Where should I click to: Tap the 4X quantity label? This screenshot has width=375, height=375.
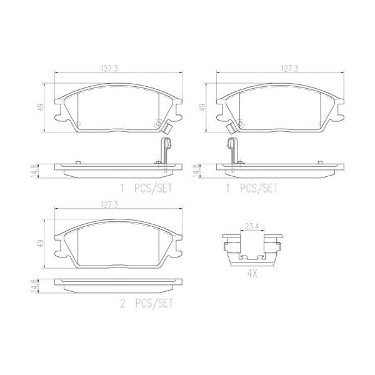[253, 272]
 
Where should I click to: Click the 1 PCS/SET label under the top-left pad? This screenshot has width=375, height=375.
[146, 187]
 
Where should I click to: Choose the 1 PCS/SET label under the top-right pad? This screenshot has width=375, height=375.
[251, 187]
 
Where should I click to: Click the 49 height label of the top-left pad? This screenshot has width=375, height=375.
[41, 106]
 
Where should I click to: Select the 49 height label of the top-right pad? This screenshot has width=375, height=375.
[201, 107]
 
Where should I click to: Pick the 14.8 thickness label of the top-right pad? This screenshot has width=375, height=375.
[196, 170]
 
